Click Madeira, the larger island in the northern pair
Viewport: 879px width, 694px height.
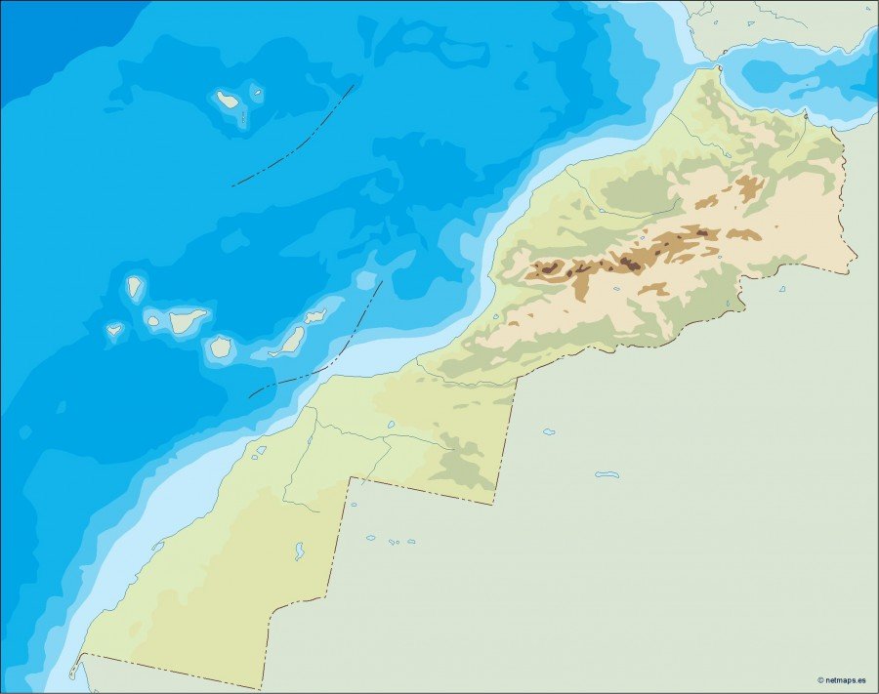[228, 99]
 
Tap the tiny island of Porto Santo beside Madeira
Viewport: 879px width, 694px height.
[257, 94]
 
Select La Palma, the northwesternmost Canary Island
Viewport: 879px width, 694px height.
[134, 287]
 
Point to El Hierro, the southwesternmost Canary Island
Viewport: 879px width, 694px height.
[114, 330]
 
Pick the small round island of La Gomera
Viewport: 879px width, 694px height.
[153, 318]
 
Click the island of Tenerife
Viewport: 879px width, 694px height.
[186, 318]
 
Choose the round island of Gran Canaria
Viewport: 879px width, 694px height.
[221, 346]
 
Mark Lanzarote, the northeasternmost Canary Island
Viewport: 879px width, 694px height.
[314, 316]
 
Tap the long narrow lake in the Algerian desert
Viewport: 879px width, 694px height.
[607, 475]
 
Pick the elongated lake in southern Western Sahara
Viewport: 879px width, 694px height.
[298, 551]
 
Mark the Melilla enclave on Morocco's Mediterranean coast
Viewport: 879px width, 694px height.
[806, 114]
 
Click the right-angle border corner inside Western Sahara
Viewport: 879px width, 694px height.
[350, 479]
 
